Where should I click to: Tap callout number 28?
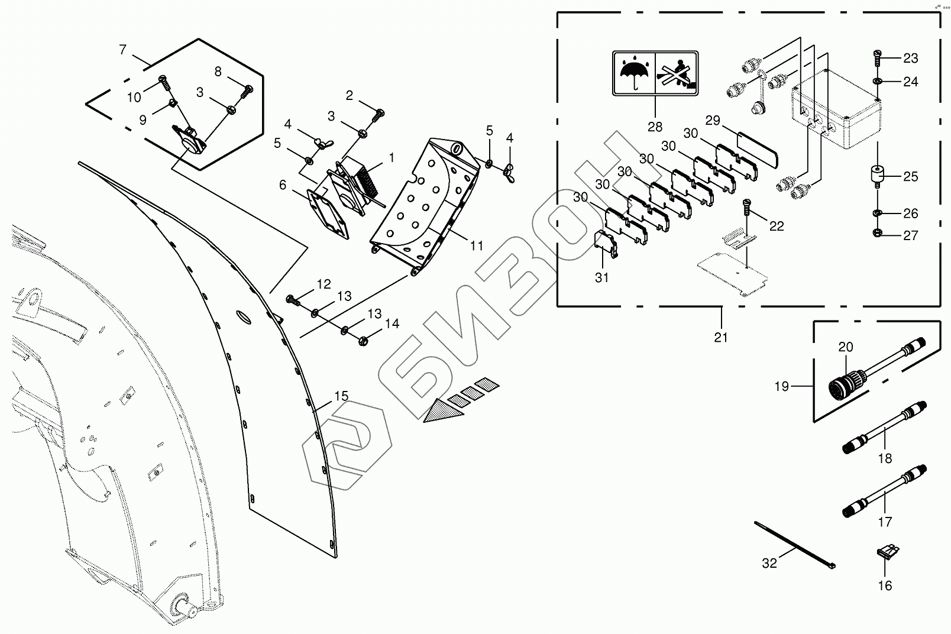[655, 127]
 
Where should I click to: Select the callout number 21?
[720, 337]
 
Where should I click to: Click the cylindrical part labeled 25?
[876, 176]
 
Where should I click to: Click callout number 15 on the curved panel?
[341, 396]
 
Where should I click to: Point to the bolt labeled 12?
[292, 299]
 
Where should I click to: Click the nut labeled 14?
[363, 340]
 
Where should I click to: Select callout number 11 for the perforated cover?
[477, 245]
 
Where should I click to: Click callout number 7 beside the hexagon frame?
[122, 49]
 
